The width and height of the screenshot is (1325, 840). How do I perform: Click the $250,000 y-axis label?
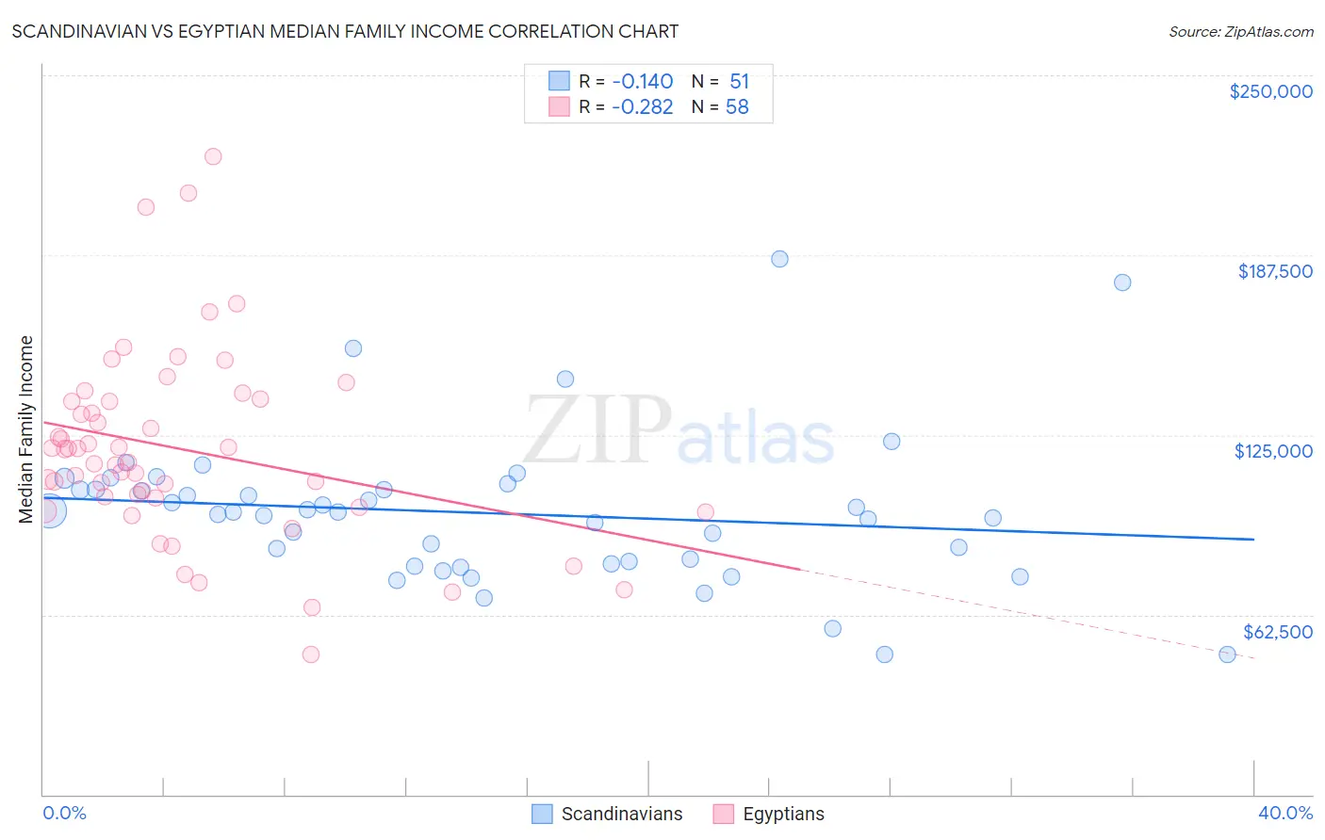[x=1270, y=91]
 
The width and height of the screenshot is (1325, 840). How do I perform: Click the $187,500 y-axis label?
[x=1274, y=271]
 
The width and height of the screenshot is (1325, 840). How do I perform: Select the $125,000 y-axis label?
[x=1273, y=451]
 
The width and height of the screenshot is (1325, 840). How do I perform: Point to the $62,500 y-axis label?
[x=1277, y=632]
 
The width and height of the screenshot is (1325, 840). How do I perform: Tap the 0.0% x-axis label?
[x=64, y=813]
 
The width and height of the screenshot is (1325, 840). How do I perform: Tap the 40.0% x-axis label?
[x=1284, y=813]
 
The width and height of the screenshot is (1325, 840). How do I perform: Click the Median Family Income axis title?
[x=25, y=428]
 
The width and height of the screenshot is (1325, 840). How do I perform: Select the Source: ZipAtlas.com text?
[x=1240, y=31]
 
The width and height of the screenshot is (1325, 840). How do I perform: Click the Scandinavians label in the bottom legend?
[x=621, y=814]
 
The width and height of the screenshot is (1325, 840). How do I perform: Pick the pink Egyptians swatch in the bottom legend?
[x=723, y=814]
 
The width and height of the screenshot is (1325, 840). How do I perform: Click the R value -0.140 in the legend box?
[x=642, y=81]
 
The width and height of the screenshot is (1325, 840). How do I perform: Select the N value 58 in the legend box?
[x=737, y=106]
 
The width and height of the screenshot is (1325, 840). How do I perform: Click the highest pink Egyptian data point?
[x=213, y=156]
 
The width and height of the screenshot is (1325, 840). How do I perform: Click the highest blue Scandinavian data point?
[x=779, y=259]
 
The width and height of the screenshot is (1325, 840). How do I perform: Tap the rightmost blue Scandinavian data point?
[x=1227, y=654]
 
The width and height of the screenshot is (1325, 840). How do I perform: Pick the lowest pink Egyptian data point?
[x=310, y=654]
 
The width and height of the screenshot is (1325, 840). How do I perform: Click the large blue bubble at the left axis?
[x=49, y=510]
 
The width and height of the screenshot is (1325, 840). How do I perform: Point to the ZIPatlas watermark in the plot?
[x=679, y=431]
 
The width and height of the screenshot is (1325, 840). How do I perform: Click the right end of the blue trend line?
[x=1253, y=540]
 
